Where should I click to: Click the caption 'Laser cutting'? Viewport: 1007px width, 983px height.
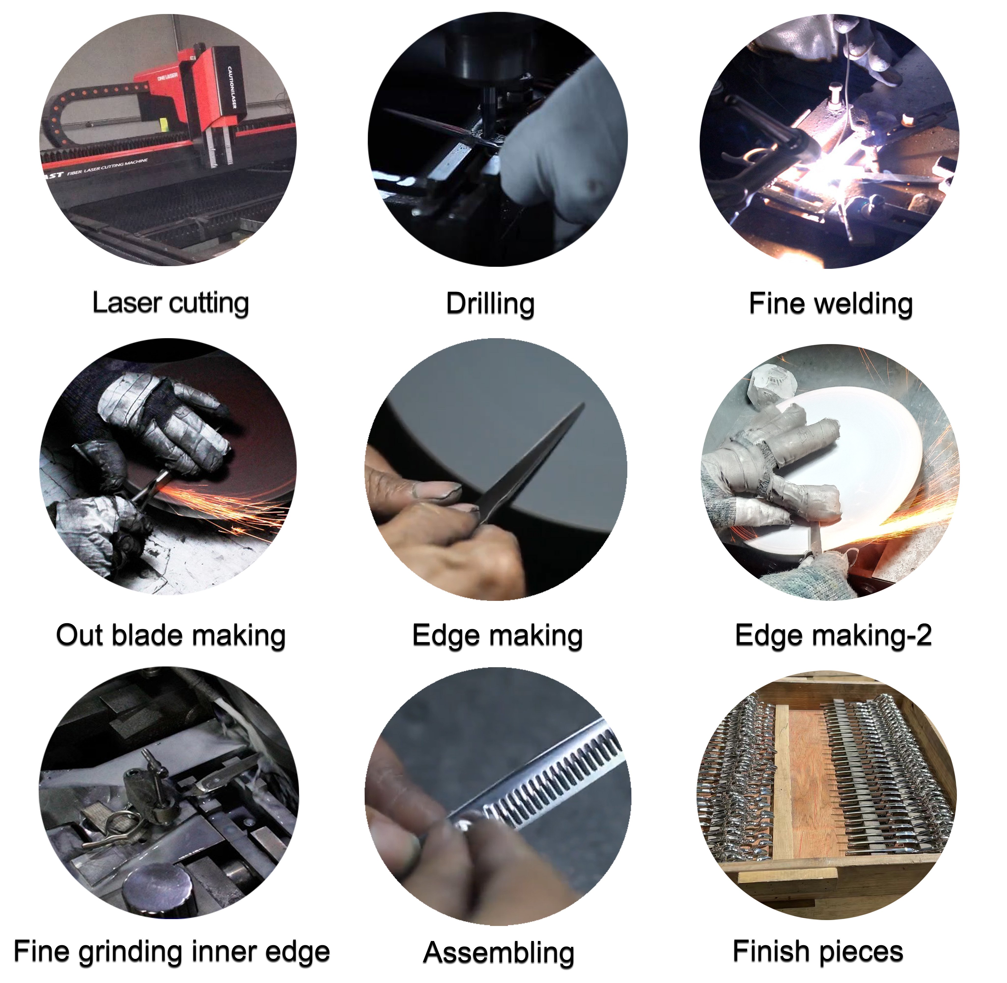(x=170, y=303)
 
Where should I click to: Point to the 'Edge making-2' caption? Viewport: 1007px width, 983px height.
(x=833, y=636)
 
